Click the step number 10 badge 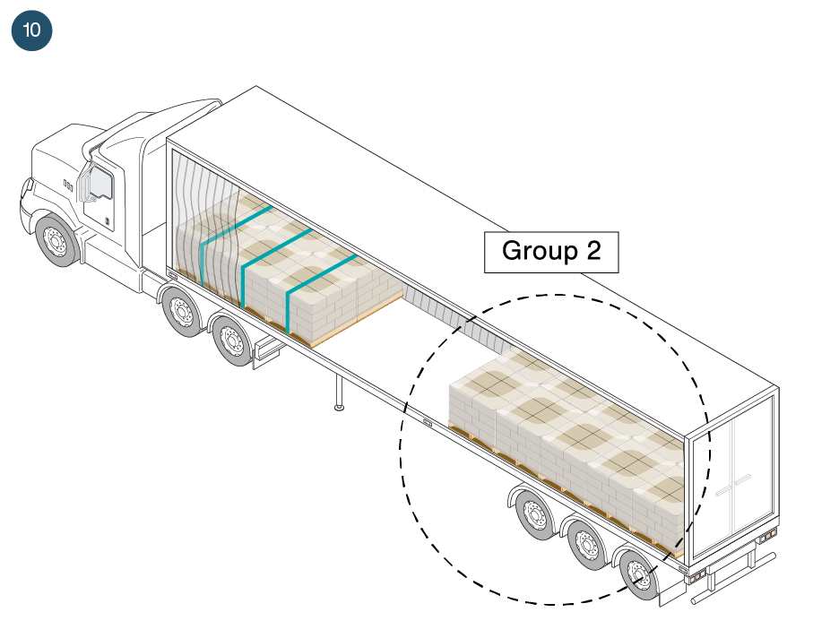[31, 30]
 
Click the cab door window [99, 186]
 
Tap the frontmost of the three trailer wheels [534, 514]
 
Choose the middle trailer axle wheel [586, 543]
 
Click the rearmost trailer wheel [639, 573]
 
